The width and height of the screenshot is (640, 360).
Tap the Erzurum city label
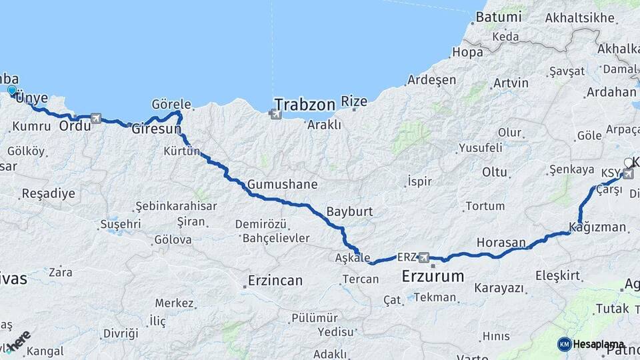click(433, 275)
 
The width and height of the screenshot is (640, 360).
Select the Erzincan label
click(275, 281)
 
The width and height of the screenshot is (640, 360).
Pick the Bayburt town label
click(349, 212)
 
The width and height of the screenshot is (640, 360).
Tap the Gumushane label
click(282, 184)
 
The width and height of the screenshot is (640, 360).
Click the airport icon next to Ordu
click(97, 119)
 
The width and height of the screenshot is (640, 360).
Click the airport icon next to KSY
click(627, 173)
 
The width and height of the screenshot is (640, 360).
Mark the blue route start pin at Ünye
click(12, 91)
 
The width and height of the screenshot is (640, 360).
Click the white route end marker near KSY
click(628, 163)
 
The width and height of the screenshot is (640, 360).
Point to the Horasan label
click(501, 243)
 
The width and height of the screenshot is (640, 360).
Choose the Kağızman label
click(598, 227)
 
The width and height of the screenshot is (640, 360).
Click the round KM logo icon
click(564, 344)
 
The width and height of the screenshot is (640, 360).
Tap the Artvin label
click(511, 83)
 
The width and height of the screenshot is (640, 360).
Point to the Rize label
click(354, 101)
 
